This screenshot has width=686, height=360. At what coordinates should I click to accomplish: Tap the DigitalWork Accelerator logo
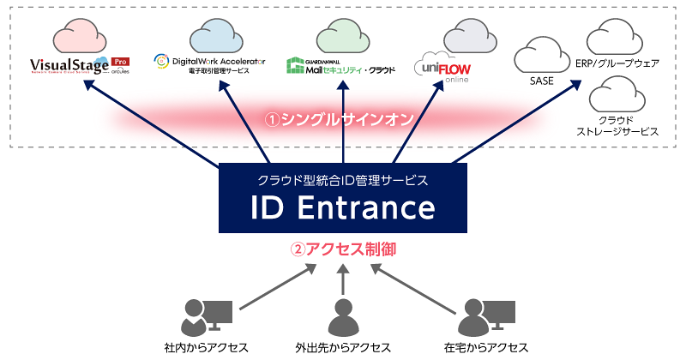point(210,65)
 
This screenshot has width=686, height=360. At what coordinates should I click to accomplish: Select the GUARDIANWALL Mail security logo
point(340,64)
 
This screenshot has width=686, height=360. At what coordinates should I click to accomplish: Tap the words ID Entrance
point(342,208)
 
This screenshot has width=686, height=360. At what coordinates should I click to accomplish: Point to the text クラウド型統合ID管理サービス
point(342,180)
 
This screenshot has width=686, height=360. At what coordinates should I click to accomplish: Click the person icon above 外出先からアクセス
point(342,317)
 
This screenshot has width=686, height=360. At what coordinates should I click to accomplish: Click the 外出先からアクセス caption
point(342,347)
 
